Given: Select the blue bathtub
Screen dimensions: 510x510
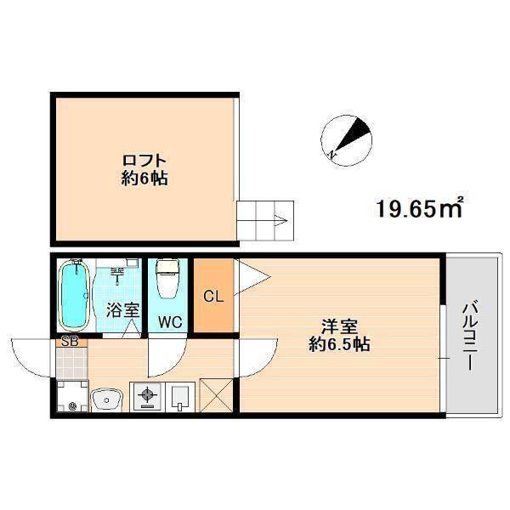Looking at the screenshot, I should click(75, 295).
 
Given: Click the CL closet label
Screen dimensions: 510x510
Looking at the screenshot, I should click(214, 297).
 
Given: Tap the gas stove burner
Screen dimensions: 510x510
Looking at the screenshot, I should click(146, 395).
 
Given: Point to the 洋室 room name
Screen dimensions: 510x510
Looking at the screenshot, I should click(338, 326).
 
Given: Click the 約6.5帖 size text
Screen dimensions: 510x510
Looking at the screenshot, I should click(338, 345).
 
